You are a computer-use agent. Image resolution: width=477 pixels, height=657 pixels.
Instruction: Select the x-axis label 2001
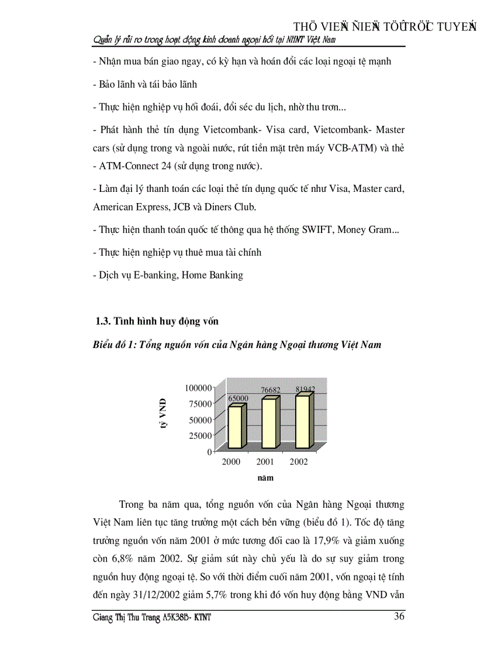[265, 462]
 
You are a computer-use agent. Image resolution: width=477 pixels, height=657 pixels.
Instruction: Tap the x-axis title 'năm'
[265, 477]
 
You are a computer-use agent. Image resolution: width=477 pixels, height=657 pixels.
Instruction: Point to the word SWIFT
[316, 230]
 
